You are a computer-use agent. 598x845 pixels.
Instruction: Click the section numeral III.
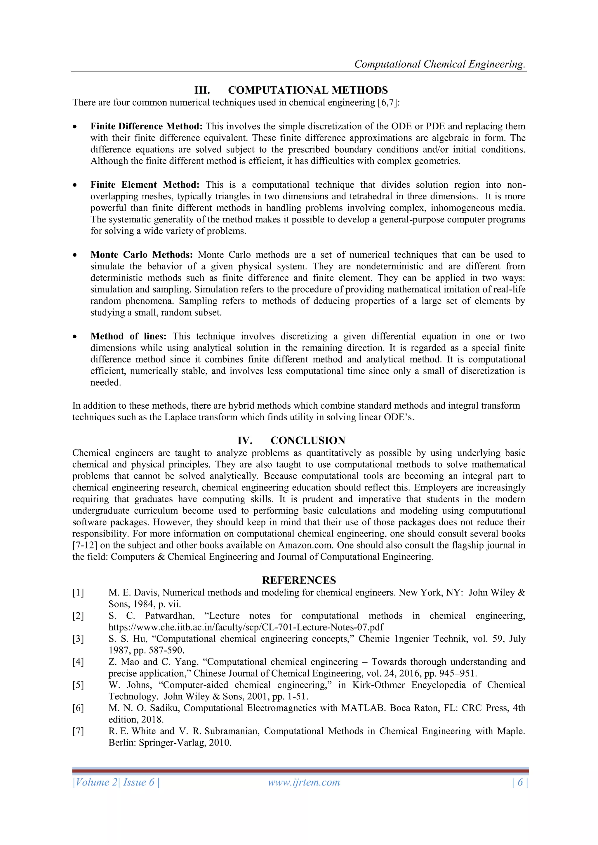(202, 90)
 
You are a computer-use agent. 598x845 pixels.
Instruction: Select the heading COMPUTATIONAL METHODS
(308, 90)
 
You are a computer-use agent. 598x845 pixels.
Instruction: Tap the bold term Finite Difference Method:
(147, 126)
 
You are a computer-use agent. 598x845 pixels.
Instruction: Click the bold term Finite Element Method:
(145, 185)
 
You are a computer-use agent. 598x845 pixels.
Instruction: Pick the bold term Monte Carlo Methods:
(141, 255)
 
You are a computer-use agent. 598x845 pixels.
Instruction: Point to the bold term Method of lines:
(128, 336)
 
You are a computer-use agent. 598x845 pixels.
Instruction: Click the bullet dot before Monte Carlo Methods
(75, 255)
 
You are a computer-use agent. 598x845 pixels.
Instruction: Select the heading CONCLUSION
(308, 440)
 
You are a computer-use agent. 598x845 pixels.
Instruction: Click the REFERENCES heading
(299, 580)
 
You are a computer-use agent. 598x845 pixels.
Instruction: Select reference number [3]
(78, 639)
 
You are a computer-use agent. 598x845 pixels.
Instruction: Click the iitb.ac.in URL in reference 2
(246, 627)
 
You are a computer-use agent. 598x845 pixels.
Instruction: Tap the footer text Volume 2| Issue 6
(116, 782)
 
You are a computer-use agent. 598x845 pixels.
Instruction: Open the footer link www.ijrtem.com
(304, 782)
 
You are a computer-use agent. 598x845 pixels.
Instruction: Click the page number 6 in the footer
(520, 782)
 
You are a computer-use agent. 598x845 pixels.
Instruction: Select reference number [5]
(78, 685)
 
